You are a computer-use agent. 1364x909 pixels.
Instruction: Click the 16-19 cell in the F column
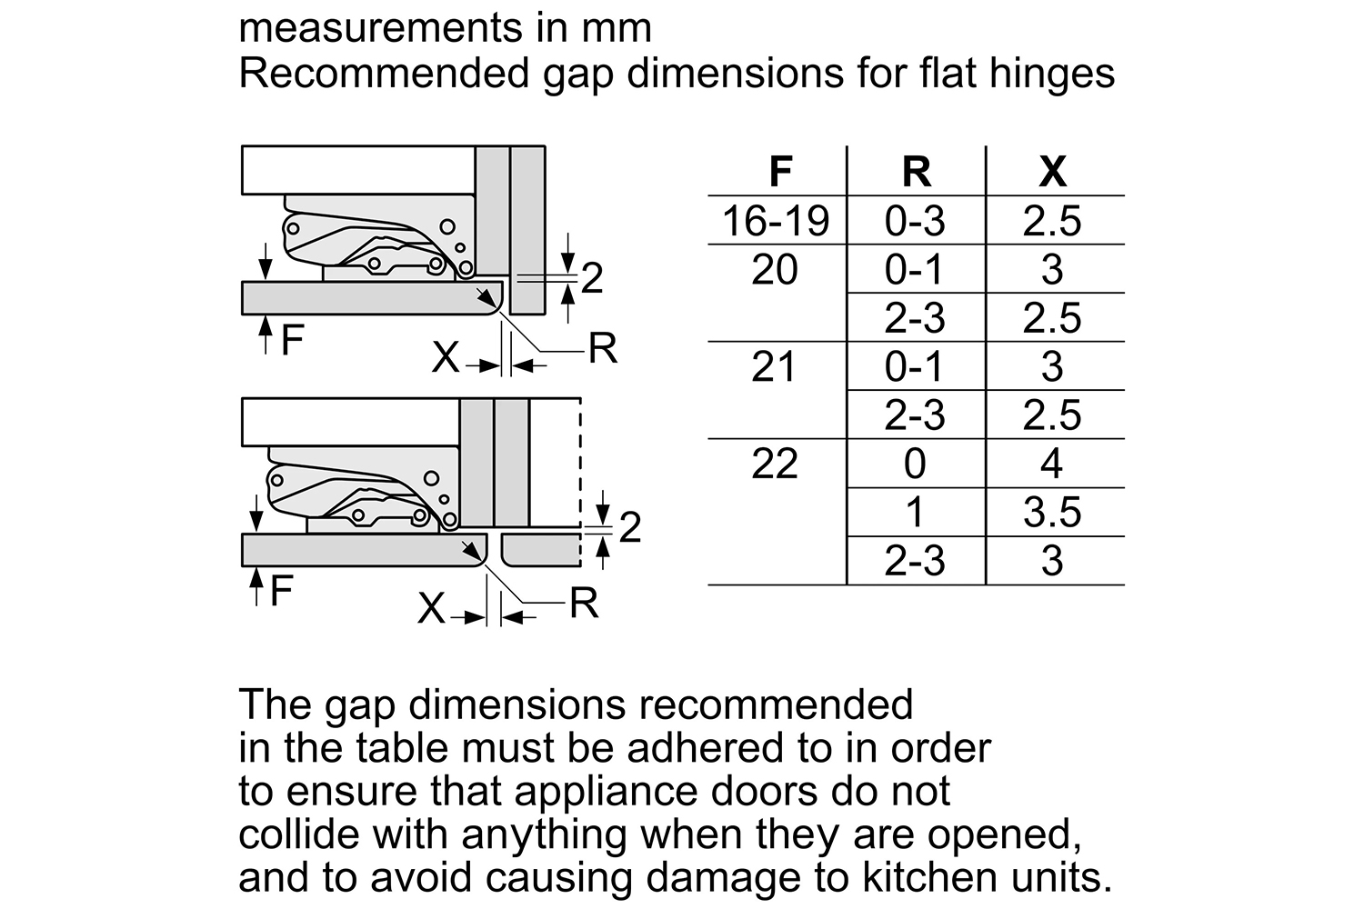point(776,220)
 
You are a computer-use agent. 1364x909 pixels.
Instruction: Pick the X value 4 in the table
point(1052,464)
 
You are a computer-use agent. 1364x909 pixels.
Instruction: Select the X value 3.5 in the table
point(1052,512)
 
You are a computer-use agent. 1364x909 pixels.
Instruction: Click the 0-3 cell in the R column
point(915,220)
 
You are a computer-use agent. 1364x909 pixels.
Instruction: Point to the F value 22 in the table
point(775,464)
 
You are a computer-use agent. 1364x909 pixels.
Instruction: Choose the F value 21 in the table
point(773,366)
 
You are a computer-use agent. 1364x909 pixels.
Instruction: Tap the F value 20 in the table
point(775,269)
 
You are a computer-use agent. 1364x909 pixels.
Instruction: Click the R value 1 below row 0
point(915,512)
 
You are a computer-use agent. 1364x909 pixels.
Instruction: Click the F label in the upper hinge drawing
point(292,340)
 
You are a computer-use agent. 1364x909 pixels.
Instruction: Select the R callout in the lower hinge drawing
point(584,604)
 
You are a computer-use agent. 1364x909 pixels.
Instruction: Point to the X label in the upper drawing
point(446,356)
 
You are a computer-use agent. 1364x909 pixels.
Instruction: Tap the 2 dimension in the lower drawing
point(629,526)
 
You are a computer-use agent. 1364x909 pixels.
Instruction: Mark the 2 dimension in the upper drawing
point(592,278)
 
